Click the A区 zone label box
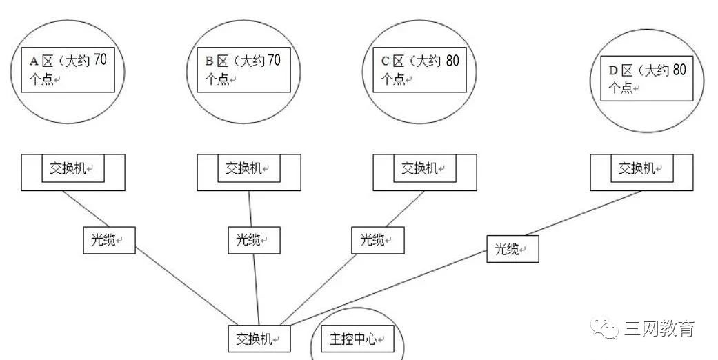68,69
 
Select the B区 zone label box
244,69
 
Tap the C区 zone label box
420,69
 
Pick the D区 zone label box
648,79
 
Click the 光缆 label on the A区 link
109,240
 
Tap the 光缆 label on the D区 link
512,250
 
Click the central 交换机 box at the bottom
259,339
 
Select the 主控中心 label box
357,339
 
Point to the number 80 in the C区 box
452,61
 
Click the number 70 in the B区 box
274,61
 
